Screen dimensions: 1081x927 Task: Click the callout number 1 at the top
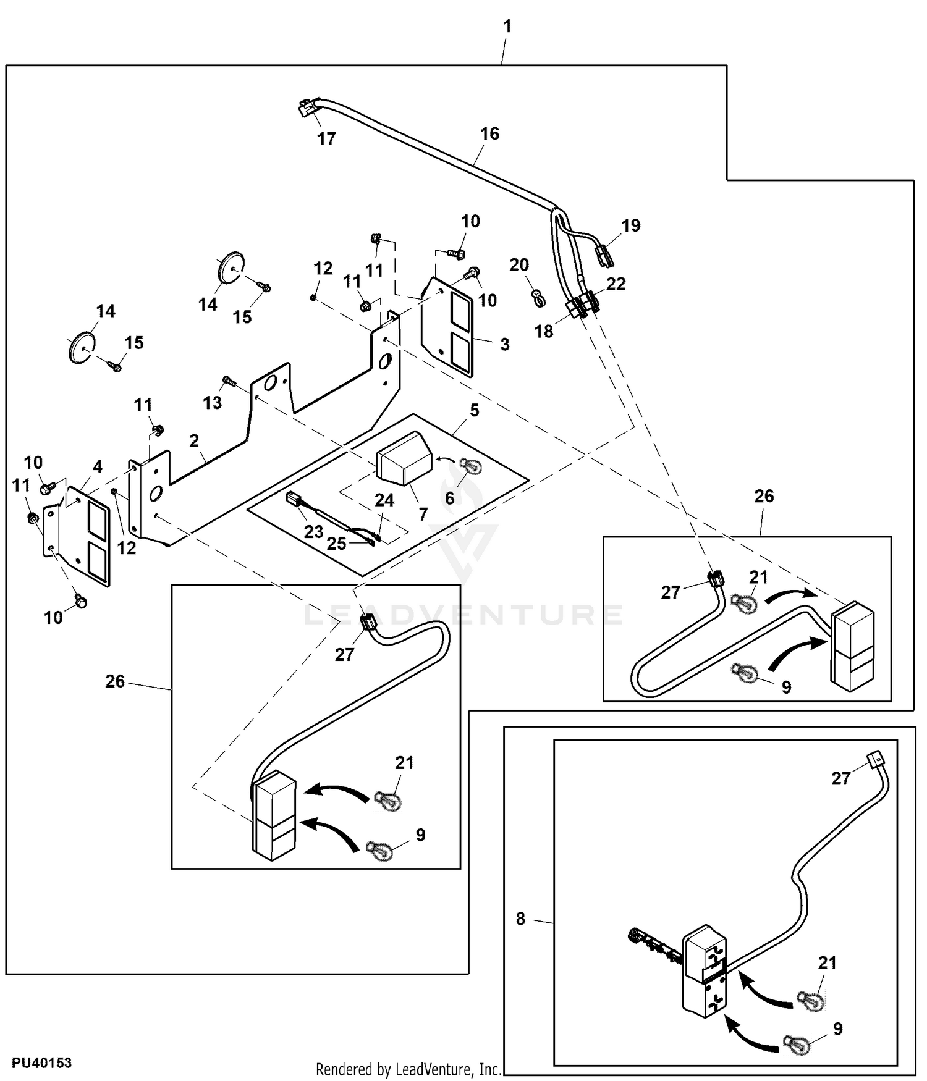[507, 27]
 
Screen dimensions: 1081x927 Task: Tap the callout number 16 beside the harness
[489, 133]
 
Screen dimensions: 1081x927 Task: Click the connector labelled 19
[603, 255]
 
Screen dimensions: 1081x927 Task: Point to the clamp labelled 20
[538, 299]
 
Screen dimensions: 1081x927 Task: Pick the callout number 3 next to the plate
[505, 345]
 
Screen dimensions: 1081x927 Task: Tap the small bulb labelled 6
[472, 468]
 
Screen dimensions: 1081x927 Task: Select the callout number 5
[474, 410]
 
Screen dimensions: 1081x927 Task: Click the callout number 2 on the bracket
[195, 440]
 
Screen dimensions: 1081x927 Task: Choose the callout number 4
[97, 466]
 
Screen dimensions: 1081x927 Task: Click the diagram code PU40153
[41, 1063]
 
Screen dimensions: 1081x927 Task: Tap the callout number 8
[520, 919]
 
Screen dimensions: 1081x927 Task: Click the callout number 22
[616, 284]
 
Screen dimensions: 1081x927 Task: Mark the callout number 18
[544, 331]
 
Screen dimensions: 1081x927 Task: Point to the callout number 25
[336, 544]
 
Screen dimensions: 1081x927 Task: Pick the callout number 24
[384, 500]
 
